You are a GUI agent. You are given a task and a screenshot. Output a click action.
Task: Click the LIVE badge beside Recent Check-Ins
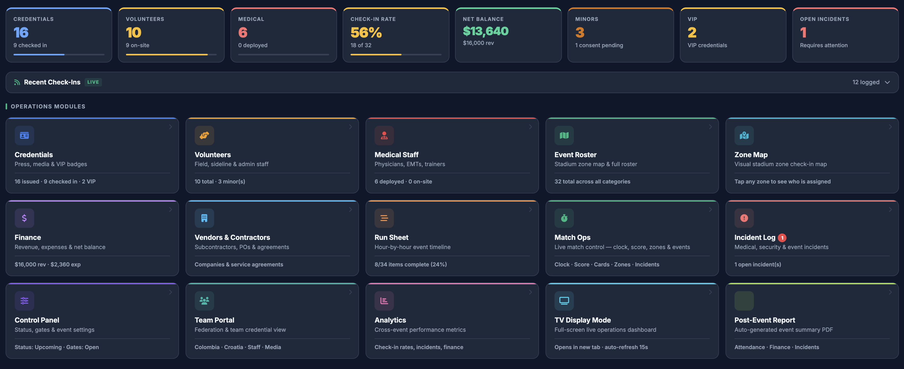(x=93, y=82)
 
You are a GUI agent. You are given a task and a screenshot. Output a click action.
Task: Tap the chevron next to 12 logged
(x=887, y=82)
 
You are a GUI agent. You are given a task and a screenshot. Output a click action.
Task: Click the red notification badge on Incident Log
(x=782, y=238)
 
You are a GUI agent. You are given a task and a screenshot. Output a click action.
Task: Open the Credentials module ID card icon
(x=24, y=135)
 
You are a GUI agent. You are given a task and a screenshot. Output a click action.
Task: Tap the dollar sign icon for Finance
(x=24, y=218)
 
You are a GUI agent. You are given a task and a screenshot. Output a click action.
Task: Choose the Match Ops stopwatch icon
(x=564, y=218)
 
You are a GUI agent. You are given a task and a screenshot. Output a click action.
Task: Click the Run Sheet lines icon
(x=384, y=218)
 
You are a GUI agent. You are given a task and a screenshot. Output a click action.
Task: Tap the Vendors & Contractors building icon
(x=204, y=218)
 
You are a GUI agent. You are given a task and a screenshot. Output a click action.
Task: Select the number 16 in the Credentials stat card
(x=21, y=32)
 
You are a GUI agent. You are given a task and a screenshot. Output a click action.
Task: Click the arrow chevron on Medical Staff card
(x=530, y=127)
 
